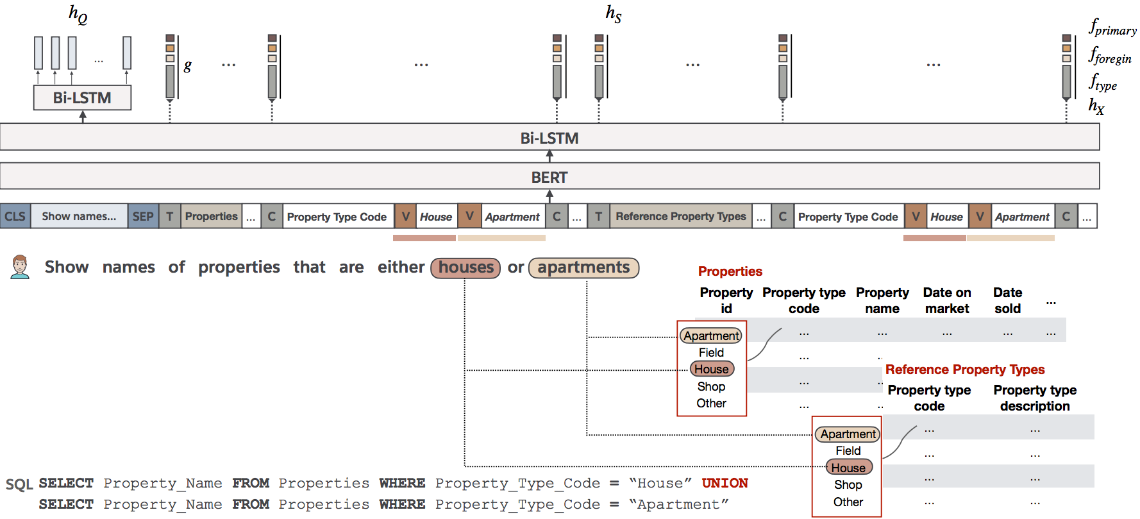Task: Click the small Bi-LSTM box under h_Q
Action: click(x=82, y=98)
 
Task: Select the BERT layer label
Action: click(x=549, y=177)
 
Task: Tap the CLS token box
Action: click(x=15, y=216)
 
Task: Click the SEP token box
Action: click(x=143, y=216)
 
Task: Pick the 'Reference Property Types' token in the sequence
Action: click(x=681, y=216)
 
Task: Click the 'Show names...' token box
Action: click(x=79, y=216)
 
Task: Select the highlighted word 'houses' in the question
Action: click(x=466, y=268)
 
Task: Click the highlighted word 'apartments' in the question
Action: click(x=583, y=268)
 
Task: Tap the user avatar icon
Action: click(x=21, y=267)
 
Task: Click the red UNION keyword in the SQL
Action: click(x=725, y=483)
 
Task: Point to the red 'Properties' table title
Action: click(x=730, y=271)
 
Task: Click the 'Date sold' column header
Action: click(x=1007, y=300)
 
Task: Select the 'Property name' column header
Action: click(x=882, y=300)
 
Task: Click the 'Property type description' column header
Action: click(x=1035, y=398)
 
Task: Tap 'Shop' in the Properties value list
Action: click(x=711, y=386)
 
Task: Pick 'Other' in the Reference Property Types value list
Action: click(x=848, y=502)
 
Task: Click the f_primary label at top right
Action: click(x=1112, y=27)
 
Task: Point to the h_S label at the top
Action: click(x=614, y=13)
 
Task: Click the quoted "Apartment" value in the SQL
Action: click(x=678, y=505)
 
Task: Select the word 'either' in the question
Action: click(x=401, y=267)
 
